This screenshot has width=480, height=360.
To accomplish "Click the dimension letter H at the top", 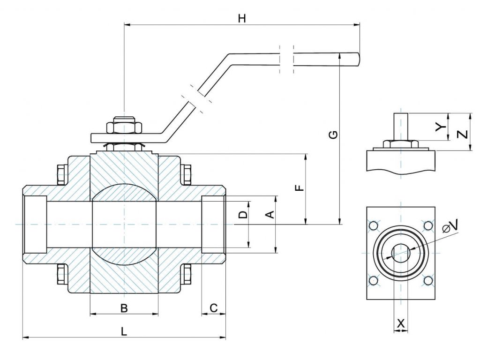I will point(242,19).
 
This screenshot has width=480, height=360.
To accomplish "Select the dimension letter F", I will point(300,188).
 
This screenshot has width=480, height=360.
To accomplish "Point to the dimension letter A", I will point(270,215).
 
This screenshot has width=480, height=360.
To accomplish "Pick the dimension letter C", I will point(213,308).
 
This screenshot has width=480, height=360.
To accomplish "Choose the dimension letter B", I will point(124,308).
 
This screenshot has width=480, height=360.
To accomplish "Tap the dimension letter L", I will point(124,331).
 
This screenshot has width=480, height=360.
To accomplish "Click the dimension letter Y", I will point(439,127).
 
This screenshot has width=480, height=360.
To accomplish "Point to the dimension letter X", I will point(401,323).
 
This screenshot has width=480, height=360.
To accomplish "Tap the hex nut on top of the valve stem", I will point(124,127).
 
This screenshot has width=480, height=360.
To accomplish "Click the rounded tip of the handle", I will point(357,59).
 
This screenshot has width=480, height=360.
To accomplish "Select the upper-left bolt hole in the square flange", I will point(374,226).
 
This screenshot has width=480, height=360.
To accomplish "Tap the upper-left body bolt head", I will point(61,175).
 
